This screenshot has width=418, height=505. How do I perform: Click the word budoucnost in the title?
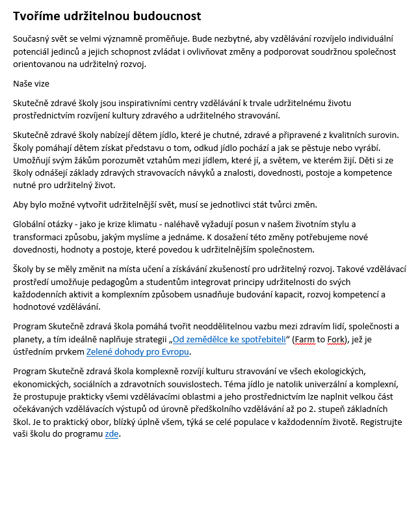tap(165, 16)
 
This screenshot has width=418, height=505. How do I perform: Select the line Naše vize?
tap(31, 83)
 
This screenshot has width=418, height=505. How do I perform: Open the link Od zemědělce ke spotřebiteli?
tap(229, 339)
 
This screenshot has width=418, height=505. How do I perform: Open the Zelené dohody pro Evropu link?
tap(138, 352)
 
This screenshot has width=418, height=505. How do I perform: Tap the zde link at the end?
tap(112, 434)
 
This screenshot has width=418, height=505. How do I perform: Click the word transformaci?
tap(39, 238)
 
